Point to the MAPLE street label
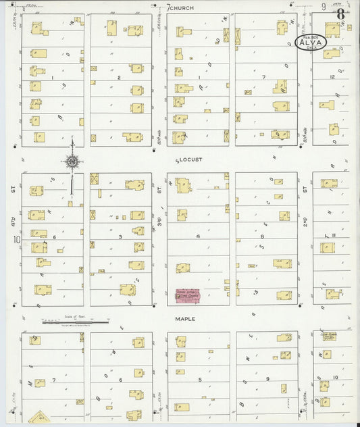[x=185, y=318]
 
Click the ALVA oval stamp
[x=311, y=43]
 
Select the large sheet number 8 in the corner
[x=342, y=14]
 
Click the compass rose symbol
[x=72, y=161]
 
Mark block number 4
[x=198, y=236]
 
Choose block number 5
[x=199, y=380]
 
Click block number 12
[x=332, y=77]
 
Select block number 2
[x=119, y=78]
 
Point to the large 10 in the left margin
[x=16, y=239]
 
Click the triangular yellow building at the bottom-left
[x=43, y=418]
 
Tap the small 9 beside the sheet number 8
[x=324, y=7]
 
